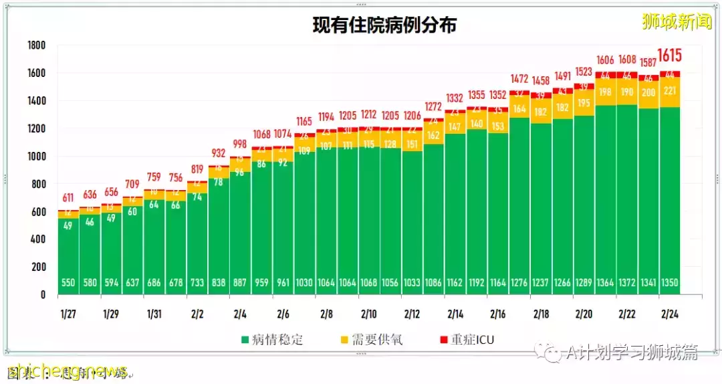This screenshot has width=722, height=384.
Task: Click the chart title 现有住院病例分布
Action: (384, 25)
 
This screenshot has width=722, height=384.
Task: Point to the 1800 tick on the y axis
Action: (36, 45)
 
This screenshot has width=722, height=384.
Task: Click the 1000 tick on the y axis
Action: (36, 157)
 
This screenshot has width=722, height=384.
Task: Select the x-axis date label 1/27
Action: (68, 314)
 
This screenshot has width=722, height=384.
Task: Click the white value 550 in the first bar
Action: (68, 283)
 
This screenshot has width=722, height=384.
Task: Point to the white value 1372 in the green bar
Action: (626, 283)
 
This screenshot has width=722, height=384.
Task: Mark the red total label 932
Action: (219, 154)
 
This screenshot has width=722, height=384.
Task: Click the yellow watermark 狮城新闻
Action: (676, 22)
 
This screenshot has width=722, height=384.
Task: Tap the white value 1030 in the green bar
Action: (304, 283)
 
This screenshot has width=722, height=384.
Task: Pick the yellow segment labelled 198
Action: (605, 92)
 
